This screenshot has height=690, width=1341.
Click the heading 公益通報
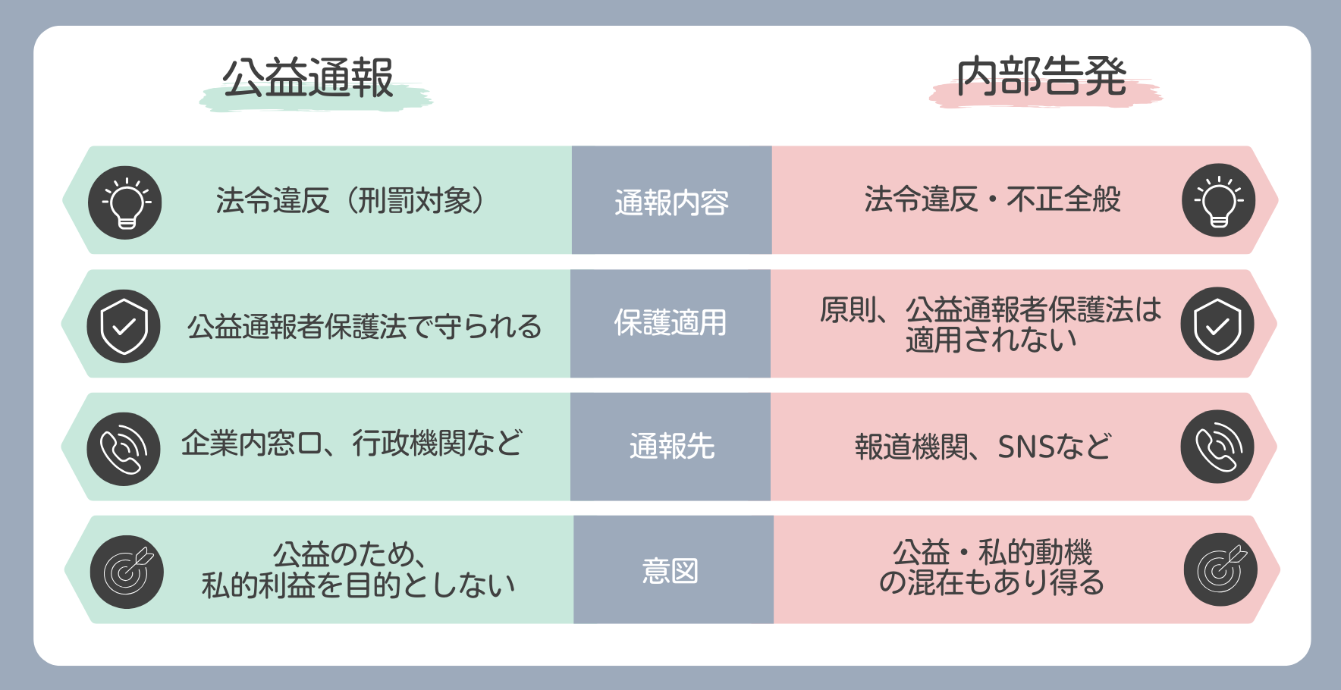point(308,77)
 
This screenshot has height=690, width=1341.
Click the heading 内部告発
point(1041,77)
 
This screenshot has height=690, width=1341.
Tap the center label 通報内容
point(672,202)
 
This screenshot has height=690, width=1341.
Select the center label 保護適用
point(670,323)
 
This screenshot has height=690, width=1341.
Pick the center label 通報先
point(672,446)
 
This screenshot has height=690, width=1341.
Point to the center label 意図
point(670,570)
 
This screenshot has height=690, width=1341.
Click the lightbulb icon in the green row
point(125,202)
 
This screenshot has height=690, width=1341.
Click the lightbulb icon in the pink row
point(1218,200)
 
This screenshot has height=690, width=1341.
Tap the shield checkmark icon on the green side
point(124,326)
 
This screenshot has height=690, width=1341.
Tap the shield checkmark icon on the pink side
point(1217,324)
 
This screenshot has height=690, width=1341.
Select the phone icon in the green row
point(124,449)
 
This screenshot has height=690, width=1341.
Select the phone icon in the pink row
point(1217,447)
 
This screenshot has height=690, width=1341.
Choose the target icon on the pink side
point(1220,569)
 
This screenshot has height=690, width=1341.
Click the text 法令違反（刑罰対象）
point(350,201)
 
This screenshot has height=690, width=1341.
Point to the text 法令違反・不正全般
point(993,199)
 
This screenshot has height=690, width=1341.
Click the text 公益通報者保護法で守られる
point(364,327)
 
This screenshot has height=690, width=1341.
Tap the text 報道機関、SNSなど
point(983,447)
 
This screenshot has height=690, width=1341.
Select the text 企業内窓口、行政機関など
point(352,444)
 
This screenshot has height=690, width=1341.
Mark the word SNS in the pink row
point(1023,447)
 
